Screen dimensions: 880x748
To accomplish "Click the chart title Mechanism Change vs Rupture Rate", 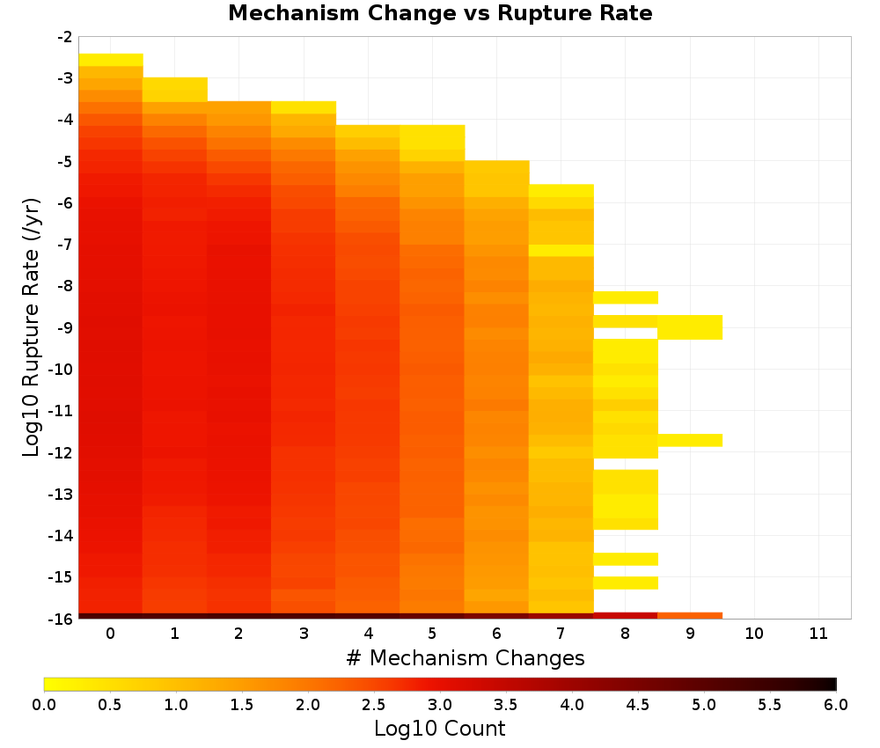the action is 440,13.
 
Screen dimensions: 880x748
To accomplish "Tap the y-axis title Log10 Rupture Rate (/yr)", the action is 32,327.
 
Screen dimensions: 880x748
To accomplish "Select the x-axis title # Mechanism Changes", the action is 466,657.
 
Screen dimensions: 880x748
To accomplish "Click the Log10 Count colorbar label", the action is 439,729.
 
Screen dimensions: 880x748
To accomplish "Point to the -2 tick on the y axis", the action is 65,37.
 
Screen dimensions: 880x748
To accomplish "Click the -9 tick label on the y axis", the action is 65,327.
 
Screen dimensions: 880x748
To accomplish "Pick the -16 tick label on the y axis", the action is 62,619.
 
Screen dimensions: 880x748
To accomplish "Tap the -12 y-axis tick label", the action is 62,453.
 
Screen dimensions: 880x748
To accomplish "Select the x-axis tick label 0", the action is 111,634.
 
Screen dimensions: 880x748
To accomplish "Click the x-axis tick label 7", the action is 561,634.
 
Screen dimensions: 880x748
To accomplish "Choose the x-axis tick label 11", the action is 818,634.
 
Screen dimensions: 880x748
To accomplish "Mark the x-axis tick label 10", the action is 754,634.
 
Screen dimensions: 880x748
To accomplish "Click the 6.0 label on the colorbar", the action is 836,704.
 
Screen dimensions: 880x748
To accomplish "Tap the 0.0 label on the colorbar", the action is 44,704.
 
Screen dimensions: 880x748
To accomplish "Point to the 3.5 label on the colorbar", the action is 506,704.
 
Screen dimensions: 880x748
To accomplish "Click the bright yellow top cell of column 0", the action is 111,60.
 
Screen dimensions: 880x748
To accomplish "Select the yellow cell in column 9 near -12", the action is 690,440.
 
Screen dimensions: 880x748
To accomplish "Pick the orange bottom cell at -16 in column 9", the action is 690,616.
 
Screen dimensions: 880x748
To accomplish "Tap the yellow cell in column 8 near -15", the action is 625,583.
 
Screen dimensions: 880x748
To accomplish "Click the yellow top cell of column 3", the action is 303,107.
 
